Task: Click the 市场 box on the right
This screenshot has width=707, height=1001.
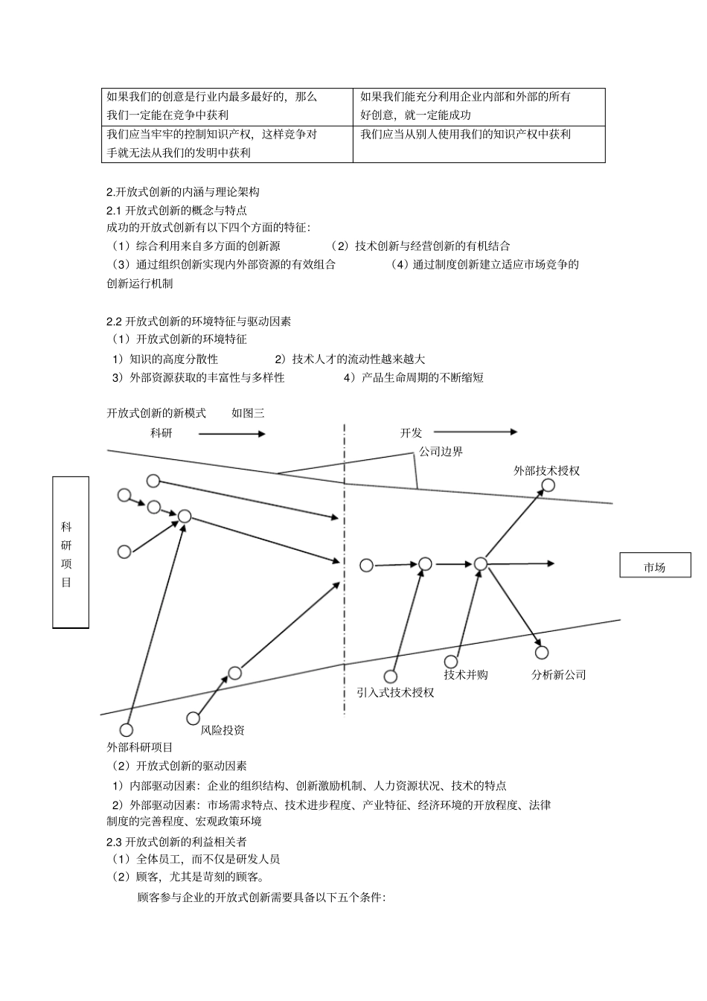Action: [655, 566]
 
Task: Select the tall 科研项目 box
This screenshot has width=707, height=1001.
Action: [71, 552]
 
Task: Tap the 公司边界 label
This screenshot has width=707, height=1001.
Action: [441, 452]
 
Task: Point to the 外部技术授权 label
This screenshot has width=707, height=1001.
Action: [546, 470]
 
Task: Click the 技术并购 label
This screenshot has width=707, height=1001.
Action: [466, 674]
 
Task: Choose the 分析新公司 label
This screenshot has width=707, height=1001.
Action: [559, 674]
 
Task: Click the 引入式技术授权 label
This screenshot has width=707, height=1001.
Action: [395, 692]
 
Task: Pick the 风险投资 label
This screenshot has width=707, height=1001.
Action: [223, 730]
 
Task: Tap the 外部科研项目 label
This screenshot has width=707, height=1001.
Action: [140, 747]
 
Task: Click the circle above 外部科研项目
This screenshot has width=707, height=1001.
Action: [127, 729]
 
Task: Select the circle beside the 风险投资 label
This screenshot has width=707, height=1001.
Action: [193, 718]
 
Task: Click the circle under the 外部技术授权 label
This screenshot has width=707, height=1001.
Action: [548, 485]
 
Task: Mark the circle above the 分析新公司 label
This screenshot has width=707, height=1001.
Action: [542, 653]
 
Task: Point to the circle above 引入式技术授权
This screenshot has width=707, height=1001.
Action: [391, 676]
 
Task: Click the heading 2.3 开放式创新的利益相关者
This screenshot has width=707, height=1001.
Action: [176, 841]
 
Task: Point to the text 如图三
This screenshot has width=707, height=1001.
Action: [248, 413]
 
